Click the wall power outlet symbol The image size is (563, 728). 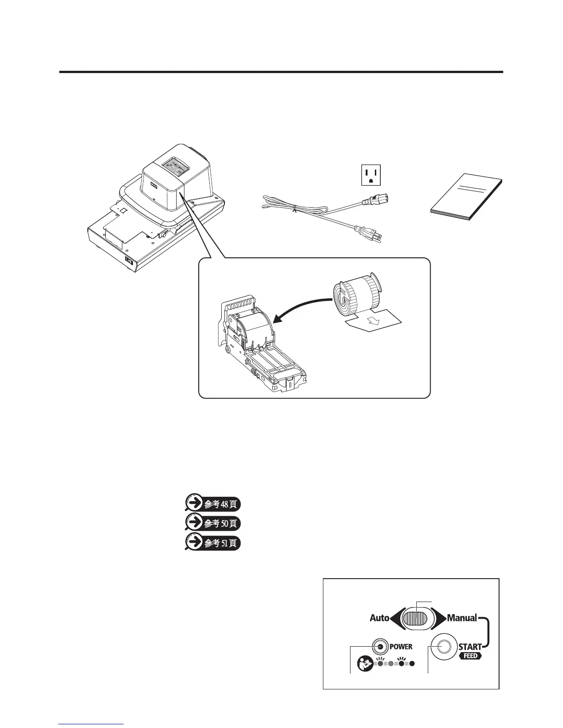tap(373, 175)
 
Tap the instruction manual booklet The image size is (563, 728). tap(467, 199)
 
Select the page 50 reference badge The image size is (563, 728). tap(213, 523)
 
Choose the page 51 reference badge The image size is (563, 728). tap(213, 542)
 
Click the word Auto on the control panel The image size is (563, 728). tap(379, 618)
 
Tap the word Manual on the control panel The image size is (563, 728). tap(462, 618)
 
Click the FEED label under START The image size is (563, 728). tap(471, 656)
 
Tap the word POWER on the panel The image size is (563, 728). tap(401, 647)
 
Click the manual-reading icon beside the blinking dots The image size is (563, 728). tap(364, 663)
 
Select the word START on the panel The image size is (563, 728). tap(470, 647)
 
